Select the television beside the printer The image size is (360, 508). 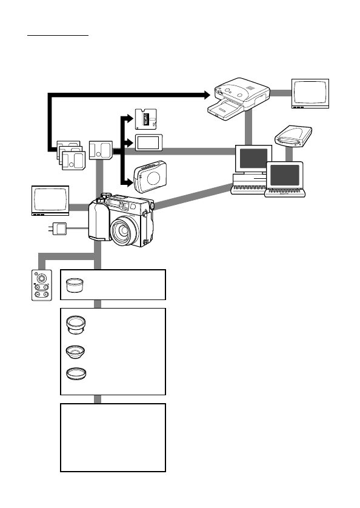(310, 93)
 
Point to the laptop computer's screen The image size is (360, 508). (284, 176)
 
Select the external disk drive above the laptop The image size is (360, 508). (294, 136)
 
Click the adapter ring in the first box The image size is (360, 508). (76, 285)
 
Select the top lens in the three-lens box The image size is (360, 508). (76, 324)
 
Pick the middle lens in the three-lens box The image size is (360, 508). (76, 351)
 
